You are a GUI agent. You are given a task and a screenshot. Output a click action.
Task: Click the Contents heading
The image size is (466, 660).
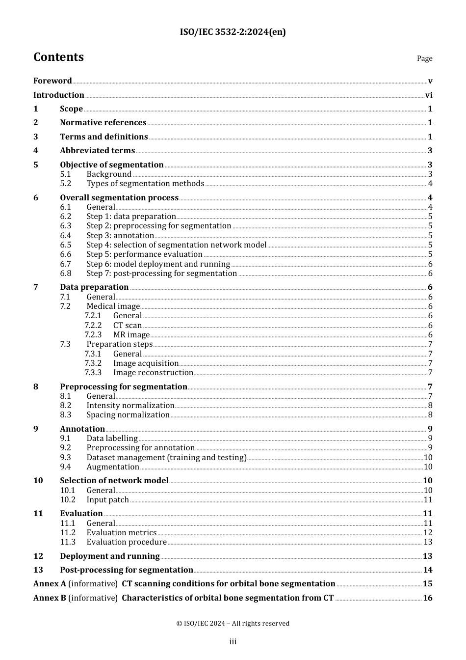(58, 57)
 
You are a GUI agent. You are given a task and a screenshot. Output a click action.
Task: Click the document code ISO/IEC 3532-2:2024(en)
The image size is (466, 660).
(233, 32)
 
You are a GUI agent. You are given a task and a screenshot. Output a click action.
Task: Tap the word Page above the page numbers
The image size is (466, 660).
(424, 58)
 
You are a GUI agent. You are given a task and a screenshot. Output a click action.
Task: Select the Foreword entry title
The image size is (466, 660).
(52, 81)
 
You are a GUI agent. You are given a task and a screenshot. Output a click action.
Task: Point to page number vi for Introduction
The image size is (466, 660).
(429, 95)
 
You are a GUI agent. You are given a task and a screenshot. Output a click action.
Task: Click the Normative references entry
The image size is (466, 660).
(103, 123)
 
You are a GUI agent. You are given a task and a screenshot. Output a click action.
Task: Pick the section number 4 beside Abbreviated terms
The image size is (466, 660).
(36, 151)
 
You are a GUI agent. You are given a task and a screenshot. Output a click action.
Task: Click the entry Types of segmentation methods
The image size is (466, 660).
(145, 184)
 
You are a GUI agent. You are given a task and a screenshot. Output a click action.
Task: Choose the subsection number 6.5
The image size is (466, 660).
(66, 245)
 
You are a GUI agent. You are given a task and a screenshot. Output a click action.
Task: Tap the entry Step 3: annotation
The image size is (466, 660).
(120, 236)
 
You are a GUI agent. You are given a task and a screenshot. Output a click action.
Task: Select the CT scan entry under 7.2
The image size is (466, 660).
(128, 326)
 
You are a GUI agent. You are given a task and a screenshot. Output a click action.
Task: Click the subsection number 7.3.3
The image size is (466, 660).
(93, 373)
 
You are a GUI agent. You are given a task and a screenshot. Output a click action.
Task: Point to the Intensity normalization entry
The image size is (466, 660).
(130, 406)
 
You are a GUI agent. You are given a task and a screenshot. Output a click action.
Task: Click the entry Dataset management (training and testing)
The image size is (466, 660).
(166, 458)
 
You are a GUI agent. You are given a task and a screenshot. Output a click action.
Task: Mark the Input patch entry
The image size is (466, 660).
(107, 500)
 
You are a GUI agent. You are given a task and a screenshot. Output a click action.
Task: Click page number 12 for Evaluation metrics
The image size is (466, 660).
(428, 533)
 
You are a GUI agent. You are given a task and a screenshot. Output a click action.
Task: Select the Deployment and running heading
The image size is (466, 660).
(110, 556)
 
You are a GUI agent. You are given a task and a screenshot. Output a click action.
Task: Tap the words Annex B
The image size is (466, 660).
(50, 598)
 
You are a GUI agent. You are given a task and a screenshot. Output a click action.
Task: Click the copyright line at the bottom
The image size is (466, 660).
(233, 624)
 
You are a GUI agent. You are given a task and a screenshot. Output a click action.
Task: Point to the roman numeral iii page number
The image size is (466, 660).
(233, 642)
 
